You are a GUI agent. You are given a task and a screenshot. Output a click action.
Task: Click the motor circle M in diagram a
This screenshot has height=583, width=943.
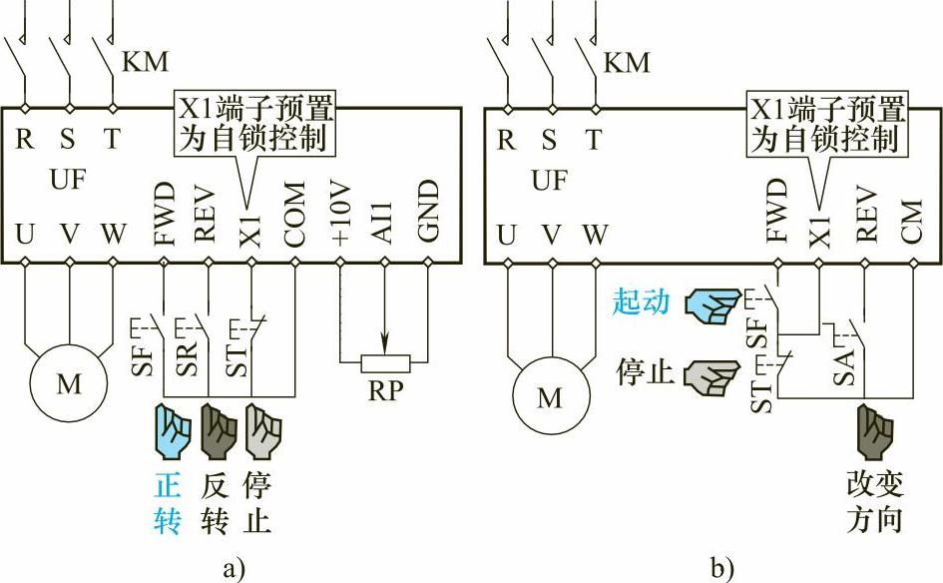[x=69, y=384]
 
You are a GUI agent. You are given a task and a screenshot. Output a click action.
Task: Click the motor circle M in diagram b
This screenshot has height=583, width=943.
[x=550, y=397]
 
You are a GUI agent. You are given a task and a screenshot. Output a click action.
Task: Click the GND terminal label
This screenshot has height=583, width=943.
[x=427, y=212]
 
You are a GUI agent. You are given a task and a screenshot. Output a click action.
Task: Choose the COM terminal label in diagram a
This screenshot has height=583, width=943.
[x=294, y=213]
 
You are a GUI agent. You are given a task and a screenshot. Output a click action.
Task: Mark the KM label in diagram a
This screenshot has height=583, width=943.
[x=144, y=62]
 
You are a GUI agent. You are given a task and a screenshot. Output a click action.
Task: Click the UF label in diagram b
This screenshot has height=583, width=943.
[x=550, y=180]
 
